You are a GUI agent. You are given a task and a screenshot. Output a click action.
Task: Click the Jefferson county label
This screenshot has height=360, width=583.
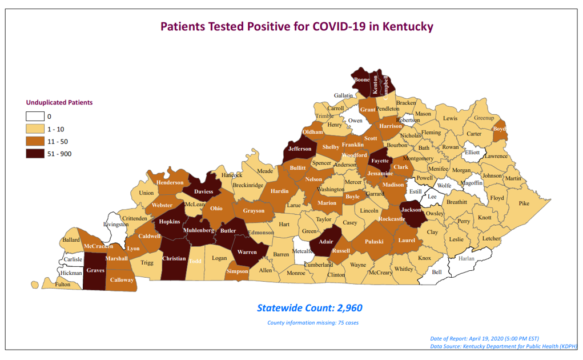click(300, 149)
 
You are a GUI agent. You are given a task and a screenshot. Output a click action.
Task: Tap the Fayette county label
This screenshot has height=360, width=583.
click(380, 161)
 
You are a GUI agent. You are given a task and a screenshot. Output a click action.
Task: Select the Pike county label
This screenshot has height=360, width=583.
click(524, 203)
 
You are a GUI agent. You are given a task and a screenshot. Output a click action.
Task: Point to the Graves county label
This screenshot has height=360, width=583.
click(95, 271)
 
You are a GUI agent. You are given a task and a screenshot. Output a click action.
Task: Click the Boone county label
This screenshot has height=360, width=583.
click(362, 80)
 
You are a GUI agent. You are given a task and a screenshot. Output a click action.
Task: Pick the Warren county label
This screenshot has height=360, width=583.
click(247, 252)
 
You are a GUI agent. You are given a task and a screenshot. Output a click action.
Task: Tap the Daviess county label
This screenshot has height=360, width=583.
click(204, 191)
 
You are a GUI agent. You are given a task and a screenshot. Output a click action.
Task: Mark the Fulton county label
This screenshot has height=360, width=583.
click(63, 285)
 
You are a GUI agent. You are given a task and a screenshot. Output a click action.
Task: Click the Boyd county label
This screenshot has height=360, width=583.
click(500, 129)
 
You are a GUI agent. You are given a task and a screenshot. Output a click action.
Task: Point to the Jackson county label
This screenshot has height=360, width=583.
click(411, 210)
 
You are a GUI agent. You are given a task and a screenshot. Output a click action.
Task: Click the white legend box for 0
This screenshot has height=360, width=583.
click(35, 117)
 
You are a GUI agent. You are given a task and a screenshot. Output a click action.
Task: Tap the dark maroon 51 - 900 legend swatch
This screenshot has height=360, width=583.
click(35, 153)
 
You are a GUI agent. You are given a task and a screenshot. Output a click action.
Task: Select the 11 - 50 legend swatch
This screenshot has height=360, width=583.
click(35, 141)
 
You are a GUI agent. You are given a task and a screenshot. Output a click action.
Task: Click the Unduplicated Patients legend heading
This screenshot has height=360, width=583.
click(59, 103)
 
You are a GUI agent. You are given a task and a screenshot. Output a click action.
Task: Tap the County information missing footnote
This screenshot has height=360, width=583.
click(313, 323)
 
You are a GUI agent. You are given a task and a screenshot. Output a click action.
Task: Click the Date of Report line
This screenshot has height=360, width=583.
click(484, 338)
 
